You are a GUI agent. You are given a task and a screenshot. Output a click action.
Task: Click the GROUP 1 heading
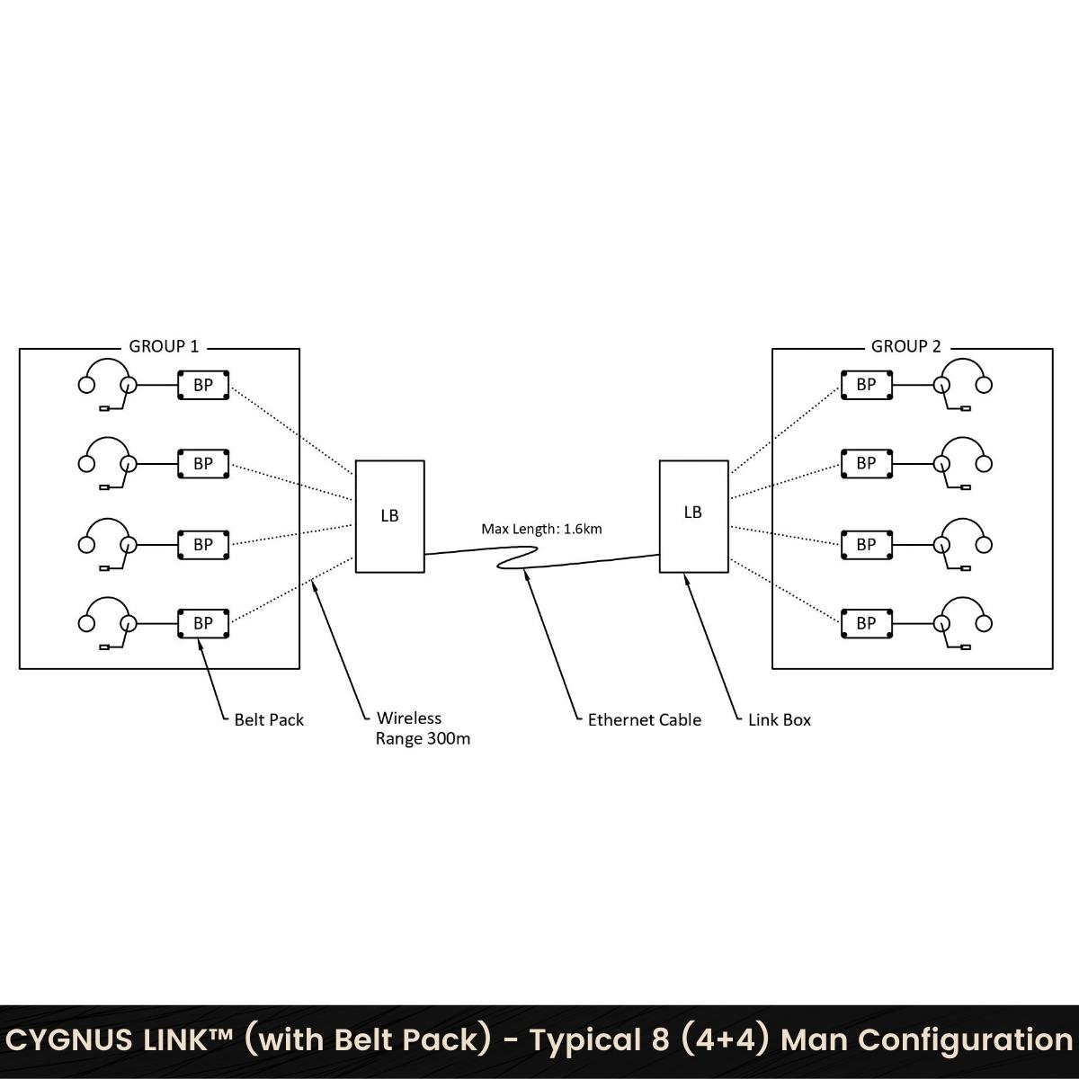pos(164,346)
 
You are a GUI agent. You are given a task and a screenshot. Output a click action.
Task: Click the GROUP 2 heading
pos(905,346)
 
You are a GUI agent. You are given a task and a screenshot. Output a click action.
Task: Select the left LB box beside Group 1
pos(389,516)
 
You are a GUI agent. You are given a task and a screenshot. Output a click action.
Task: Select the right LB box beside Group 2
pos(694,516)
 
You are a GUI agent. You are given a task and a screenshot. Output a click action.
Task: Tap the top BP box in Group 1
pos(203,385)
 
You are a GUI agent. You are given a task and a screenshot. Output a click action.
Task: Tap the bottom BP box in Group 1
pos(203,623)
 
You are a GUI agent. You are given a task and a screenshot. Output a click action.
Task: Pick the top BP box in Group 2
pos(866,385)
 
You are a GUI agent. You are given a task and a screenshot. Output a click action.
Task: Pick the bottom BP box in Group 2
pos(866,623)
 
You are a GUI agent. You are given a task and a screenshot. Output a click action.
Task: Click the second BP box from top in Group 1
pos(203,464)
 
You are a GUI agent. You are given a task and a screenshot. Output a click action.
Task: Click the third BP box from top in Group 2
pos(866,544)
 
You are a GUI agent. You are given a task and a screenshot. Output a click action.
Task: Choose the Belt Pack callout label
pos(269,720)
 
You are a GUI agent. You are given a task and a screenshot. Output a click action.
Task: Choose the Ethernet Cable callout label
pos(645,720)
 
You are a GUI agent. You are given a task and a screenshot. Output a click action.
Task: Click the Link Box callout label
pos(780,720)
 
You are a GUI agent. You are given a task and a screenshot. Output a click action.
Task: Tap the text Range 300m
pos(423,739)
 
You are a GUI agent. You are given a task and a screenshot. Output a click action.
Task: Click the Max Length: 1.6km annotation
pos(541,529)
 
